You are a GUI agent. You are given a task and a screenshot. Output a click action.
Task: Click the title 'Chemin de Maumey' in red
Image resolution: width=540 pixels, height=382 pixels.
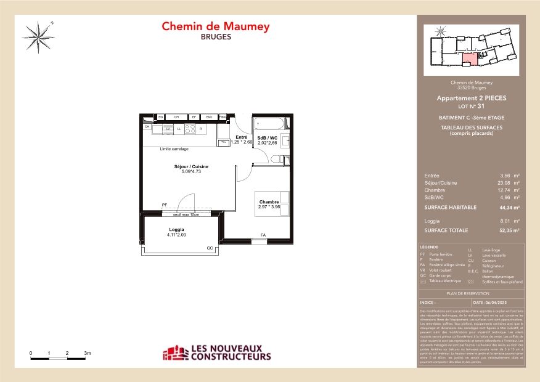click(x=216, y=26)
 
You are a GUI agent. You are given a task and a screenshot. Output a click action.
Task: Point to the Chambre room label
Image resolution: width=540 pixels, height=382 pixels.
click(x=269, y=202)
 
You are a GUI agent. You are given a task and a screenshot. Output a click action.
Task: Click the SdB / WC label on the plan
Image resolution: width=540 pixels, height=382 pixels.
click(x=267, y=138)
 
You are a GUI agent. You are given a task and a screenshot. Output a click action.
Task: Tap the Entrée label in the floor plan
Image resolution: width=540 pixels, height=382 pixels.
click(x=242, y=137)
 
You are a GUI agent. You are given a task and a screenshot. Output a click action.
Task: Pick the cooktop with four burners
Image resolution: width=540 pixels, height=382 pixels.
click(x=190, y=129)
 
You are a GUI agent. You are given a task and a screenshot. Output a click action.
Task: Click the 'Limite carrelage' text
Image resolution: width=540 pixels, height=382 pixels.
click(x=174, y=149)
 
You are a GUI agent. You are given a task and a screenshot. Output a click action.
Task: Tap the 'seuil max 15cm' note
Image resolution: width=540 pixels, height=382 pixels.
click(x=186, y=214)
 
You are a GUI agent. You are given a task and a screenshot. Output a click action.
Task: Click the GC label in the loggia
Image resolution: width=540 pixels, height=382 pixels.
click(x=210, y=248)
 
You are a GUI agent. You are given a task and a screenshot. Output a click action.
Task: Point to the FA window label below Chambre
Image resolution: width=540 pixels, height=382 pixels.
click(x=263, y=235)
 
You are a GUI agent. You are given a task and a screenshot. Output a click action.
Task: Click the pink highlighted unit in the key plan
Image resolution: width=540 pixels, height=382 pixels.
click(x=470, y=59)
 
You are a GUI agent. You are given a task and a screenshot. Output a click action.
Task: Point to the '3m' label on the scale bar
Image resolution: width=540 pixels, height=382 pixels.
click(x=88, y=354)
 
